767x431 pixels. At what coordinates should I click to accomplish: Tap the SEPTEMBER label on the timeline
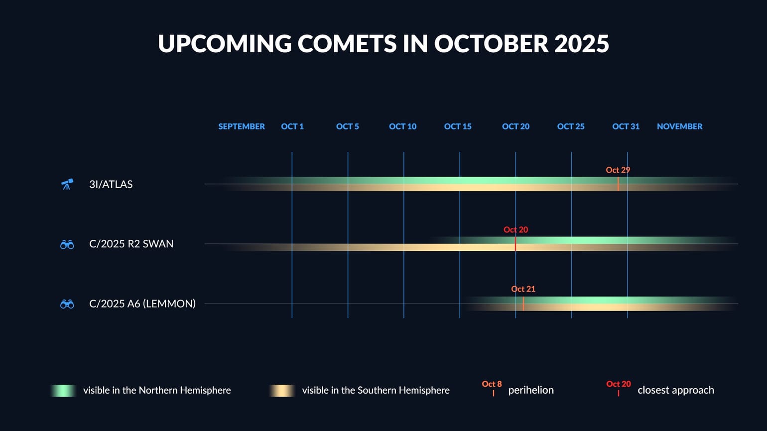(242, 126)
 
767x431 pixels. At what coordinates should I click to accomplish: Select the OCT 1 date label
(292, 126)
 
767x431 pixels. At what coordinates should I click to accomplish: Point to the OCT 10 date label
(402, 126)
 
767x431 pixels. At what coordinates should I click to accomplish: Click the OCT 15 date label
(458, 126)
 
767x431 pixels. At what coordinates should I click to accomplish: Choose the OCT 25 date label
(571, 126)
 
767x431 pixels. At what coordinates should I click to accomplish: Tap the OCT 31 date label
(626, 126)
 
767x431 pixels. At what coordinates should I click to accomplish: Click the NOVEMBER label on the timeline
(679, 126)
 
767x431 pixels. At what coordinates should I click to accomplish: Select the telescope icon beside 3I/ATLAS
(67, 184)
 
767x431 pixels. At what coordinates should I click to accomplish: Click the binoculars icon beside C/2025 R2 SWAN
(67, 244)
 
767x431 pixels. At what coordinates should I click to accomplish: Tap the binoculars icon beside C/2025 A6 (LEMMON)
(67, 304)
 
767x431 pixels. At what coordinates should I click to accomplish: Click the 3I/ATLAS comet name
(111, 184)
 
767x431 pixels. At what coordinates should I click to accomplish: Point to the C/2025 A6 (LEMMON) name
(142, 304)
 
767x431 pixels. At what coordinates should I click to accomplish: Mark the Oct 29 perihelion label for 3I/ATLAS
(618, 170)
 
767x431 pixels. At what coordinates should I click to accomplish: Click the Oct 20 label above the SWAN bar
(515, 230)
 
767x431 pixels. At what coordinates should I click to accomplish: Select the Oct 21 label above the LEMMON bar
(523, 289)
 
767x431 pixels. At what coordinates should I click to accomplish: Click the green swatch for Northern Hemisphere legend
(63, 391)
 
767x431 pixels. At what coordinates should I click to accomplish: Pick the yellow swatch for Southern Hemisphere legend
(282, 391)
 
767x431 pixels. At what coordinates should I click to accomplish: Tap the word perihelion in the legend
(531, 390)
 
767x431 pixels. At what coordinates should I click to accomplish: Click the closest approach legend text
(675, 390)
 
